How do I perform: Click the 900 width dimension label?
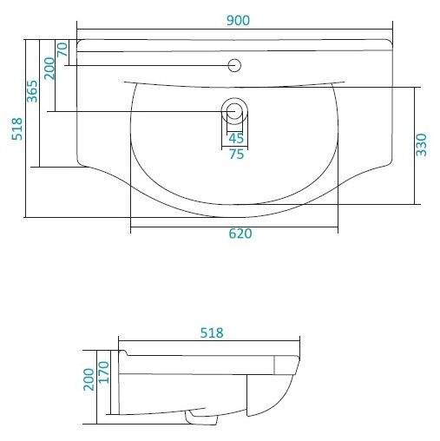238,21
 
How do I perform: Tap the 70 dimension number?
62,49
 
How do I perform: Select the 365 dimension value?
32,91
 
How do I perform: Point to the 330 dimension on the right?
421,145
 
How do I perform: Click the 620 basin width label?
240,234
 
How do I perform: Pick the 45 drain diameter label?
236,139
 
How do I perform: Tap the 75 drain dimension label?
236,155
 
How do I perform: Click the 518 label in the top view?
16,129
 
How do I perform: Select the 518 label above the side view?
212,333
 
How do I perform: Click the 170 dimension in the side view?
103,372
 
